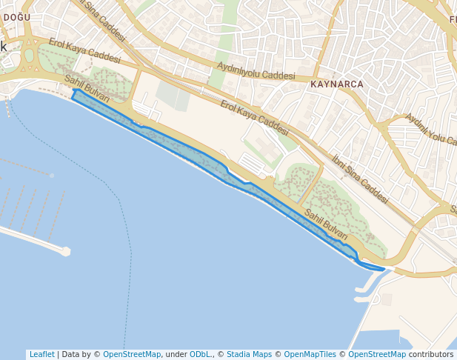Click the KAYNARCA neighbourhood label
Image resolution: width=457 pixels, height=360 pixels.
[337, 84]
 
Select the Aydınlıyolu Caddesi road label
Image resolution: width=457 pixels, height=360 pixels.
[256, 71]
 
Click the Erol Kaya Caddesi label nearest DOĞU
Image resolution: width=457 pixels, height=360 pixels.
[84, 50]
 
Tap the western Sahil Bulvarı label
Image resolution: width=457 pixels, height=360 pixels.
[87, 89]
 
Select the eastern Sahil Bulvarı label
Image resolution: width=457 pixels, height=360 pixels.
[326, 224]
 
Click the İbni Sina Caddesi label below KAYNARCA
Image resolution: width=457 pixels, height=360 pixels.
[360, 179]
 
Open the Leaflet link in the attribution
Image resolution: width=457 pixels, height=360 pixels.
[41, 355]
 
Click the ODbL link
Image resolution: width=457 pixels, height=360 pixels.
[201, 355]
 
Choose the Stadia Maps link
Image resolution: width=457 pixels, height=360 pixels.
[249, 355]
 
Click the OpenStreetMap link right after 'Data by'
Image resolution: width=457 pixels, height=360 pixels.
[132, 355]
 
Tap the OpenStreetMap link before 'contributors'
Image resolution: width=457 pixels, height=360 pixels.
[377, 355]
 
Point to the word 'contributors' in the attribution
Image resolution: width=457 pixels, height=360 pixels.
[431, 355]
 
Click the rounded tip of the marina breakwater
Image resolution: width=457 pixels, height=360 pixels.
[66, 252]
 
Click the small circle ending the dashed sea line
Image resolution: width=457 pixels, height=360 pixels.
[52, 176]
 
